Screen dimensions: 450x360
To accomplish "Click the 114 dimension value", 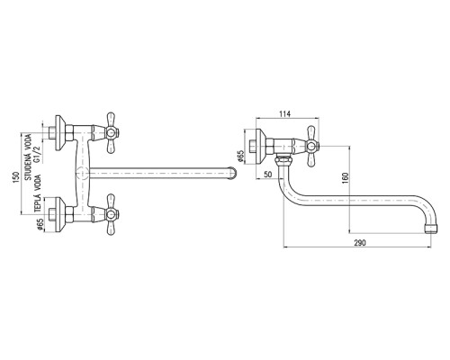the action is pyautogui.click(x=284, y=113).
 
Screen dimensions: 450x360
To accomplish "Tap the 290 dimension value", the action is pyautogui.click(x=360, y=242).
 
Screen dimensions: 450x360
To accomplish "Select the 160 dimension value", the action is pyautogui.click(x=346, y=177).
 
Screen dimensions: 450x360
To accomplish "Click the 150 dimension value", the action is pyautogui.click(x=17, y=176).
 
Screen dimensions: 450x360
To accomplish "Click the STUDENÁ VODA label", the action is pyautogui.click(x=28, y=157).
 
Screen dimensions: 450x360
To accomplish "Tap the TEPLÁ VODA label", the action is pyautogui.click(x=37, y=193).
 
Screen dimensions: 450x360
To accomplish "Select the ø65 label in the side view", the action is pyautogui.click(x=241, y=156).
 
